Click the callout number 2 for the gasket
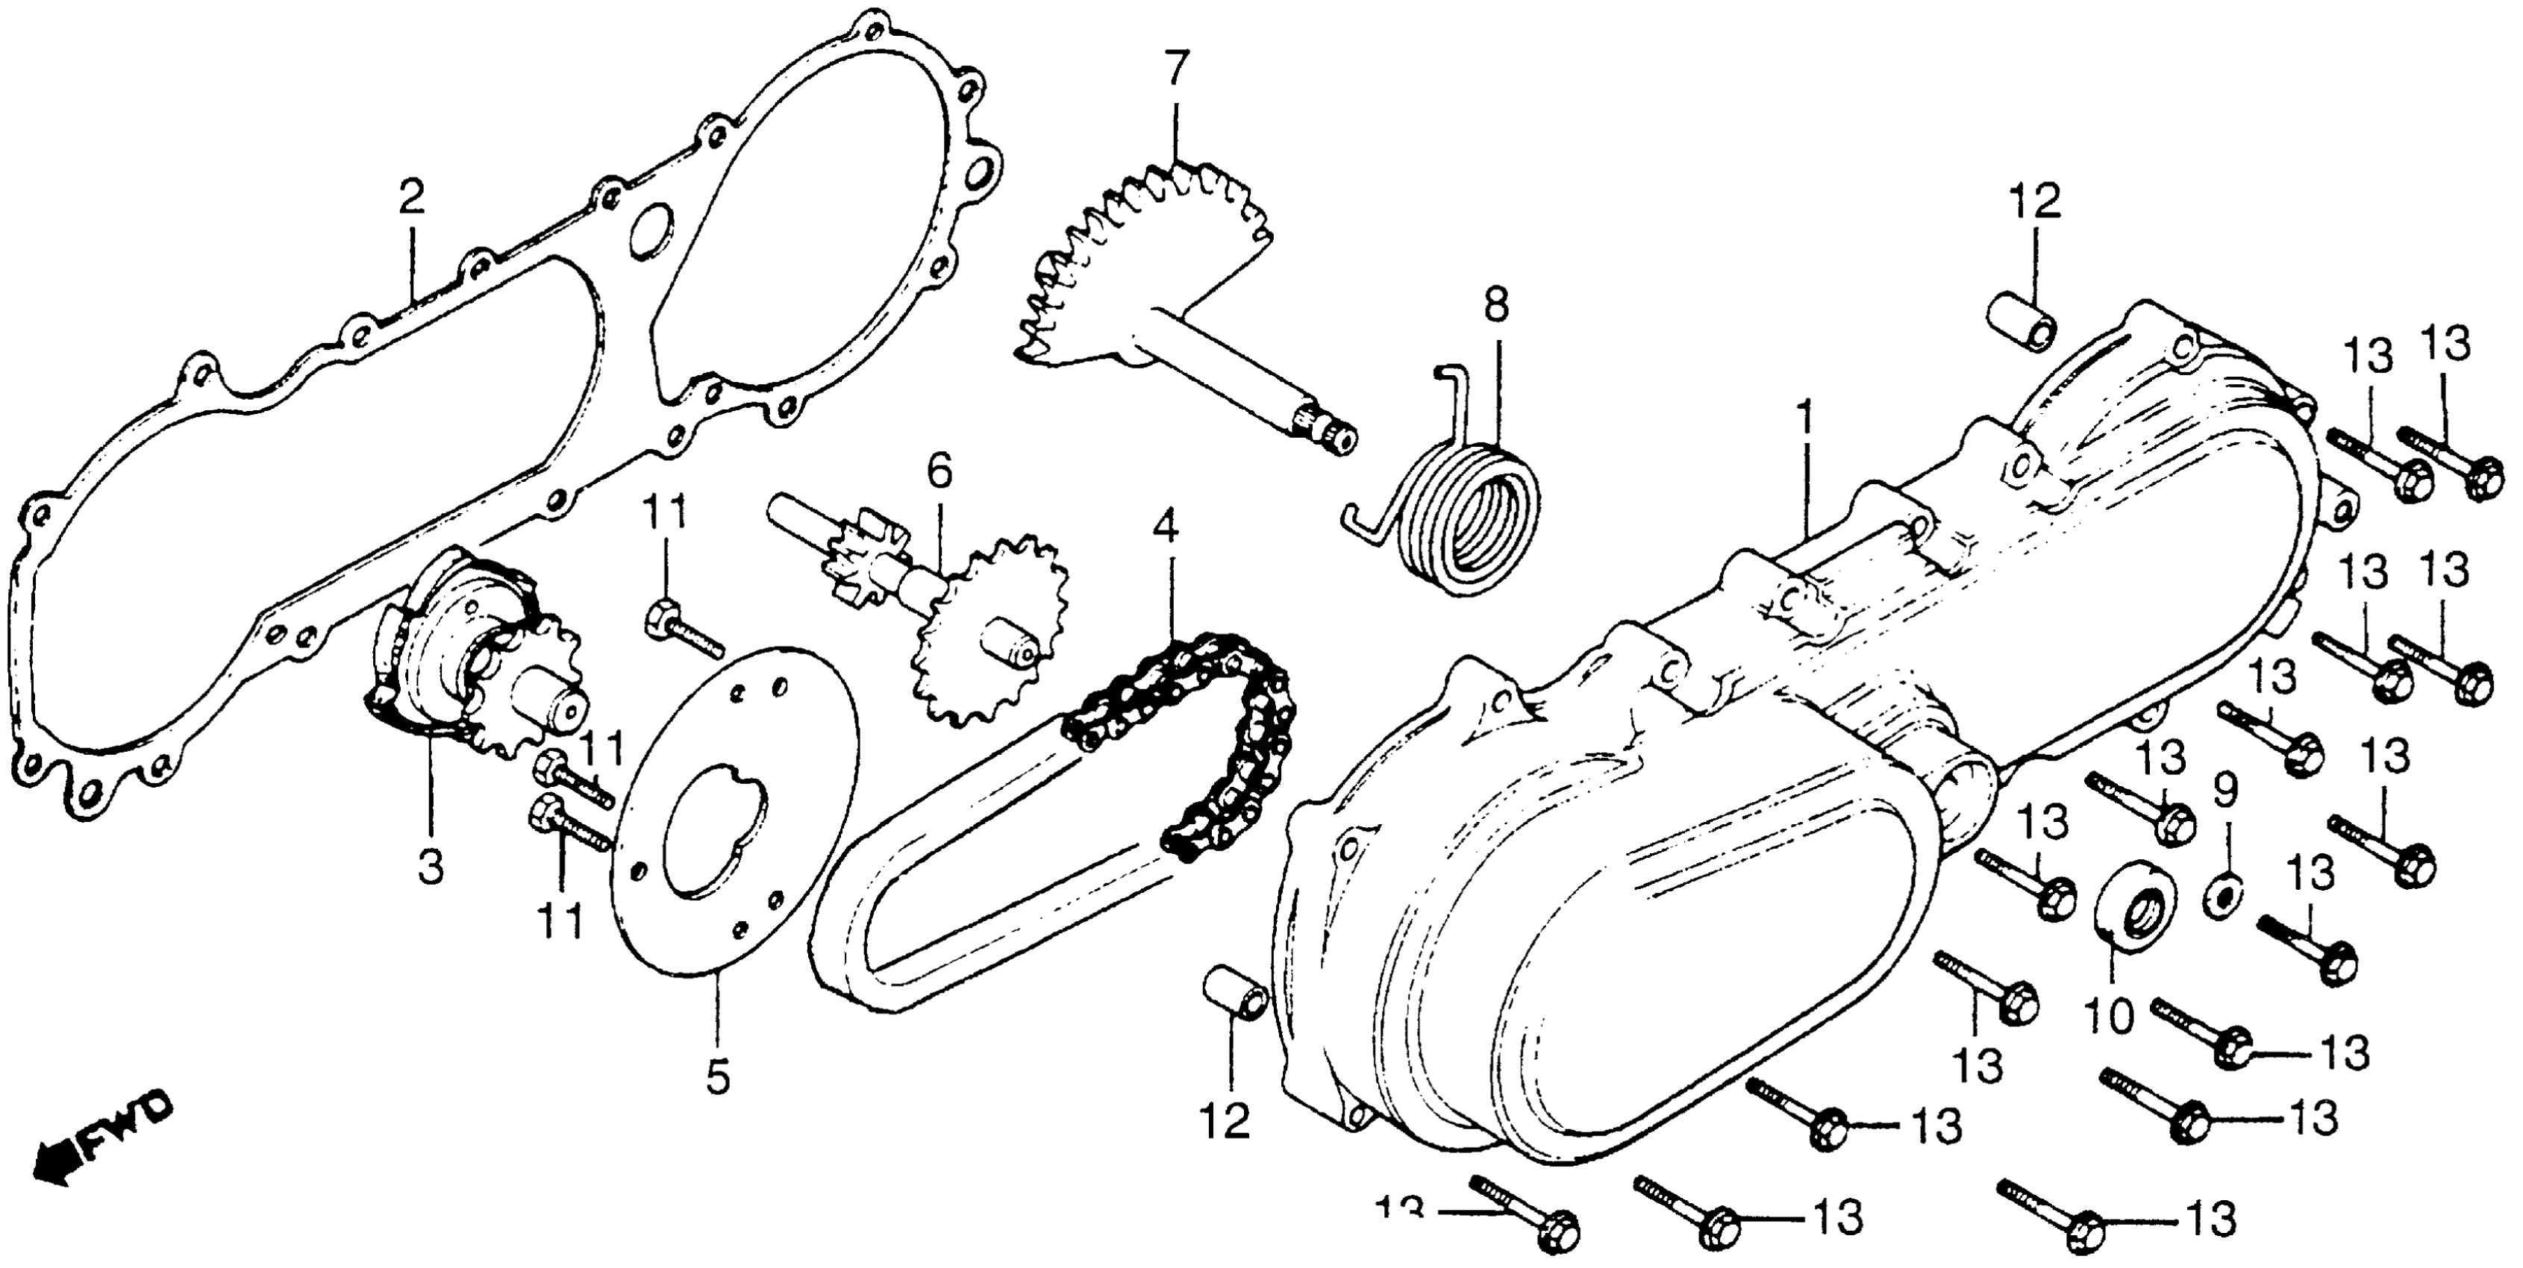point(411,201)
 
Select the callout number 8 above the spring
point(1495,306)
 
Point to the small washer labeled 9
point(2223,897)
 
